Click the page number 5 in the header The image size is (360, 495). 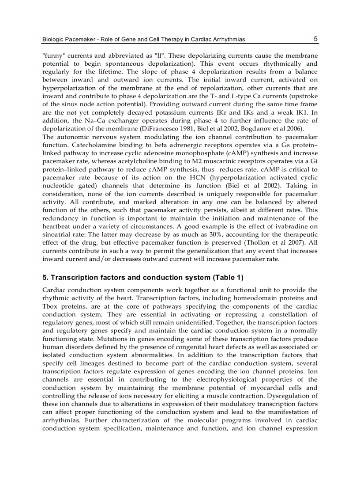[x=315, y=39]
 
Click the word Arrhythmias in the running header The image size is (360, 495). [x=229, y=40]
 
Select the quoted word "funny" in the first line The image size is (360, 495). [x=52, y=56]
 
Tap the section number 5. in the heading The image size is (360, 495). [x=45, y=278]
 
